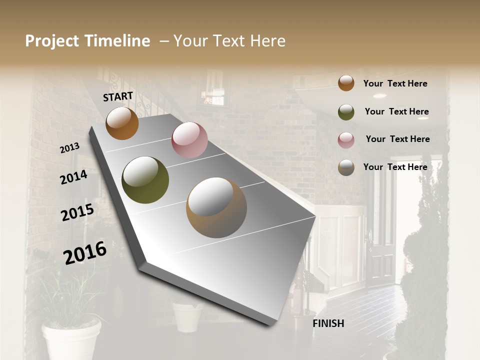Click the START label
[x=118, y=96]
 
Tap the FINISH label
[x=328, y=323]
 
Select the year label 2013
[x=69, y=148]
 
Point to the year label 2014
[x=73, y=177]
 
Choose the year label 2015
[x=77, y=212]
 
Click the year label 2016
[x=85, y=252]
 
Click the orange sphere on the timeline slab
[x=122, y=123]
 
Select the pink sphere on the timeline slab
[x=189, y=140]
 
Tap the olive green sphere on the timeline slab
[x=145, y=180]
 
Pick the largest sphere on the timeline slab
[x=216, y=207]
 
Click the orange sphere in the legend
[x=346, y=83]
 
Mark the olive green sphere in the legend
[x=346, y=112]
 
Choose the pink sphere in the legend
[x=346, y=140]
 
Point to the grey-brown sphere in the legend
[x=346, y=167]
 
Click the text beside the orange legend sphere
[x=395, y=83]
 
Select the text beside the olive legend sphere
[x=396, y=111]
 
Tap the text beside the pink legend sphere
[x=397, y=139]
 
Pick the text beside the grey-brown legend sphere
[x=395, y=167]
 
